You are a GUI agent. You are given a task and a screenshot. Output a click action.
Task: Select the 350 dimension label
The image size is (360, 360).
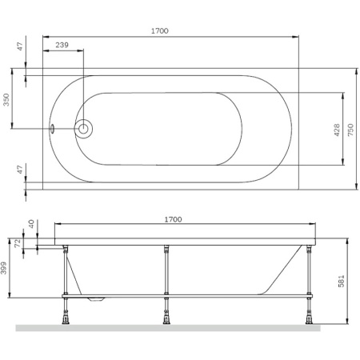[6, 100]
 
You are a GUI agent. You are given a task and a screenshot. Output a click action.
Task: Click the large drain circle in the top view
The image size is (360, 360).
[83, 128]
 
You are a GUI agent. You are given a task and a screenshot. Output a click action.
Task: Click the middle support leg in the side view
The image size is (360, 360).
[165, 272]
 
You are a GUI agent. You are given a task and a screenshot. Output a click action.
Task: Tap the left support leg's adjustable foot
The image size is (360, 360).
[64, 316]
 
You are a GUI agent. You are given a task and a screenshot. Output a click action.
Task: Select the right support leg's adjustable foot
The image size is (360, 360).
[309, 316]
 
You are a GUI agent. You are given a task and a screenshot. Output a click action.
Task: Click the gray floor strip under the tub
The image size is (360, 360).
[168, 328]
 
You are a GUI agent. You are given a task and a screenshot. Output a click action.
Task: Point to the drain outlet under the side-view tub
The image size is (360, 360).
[97, 299]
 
